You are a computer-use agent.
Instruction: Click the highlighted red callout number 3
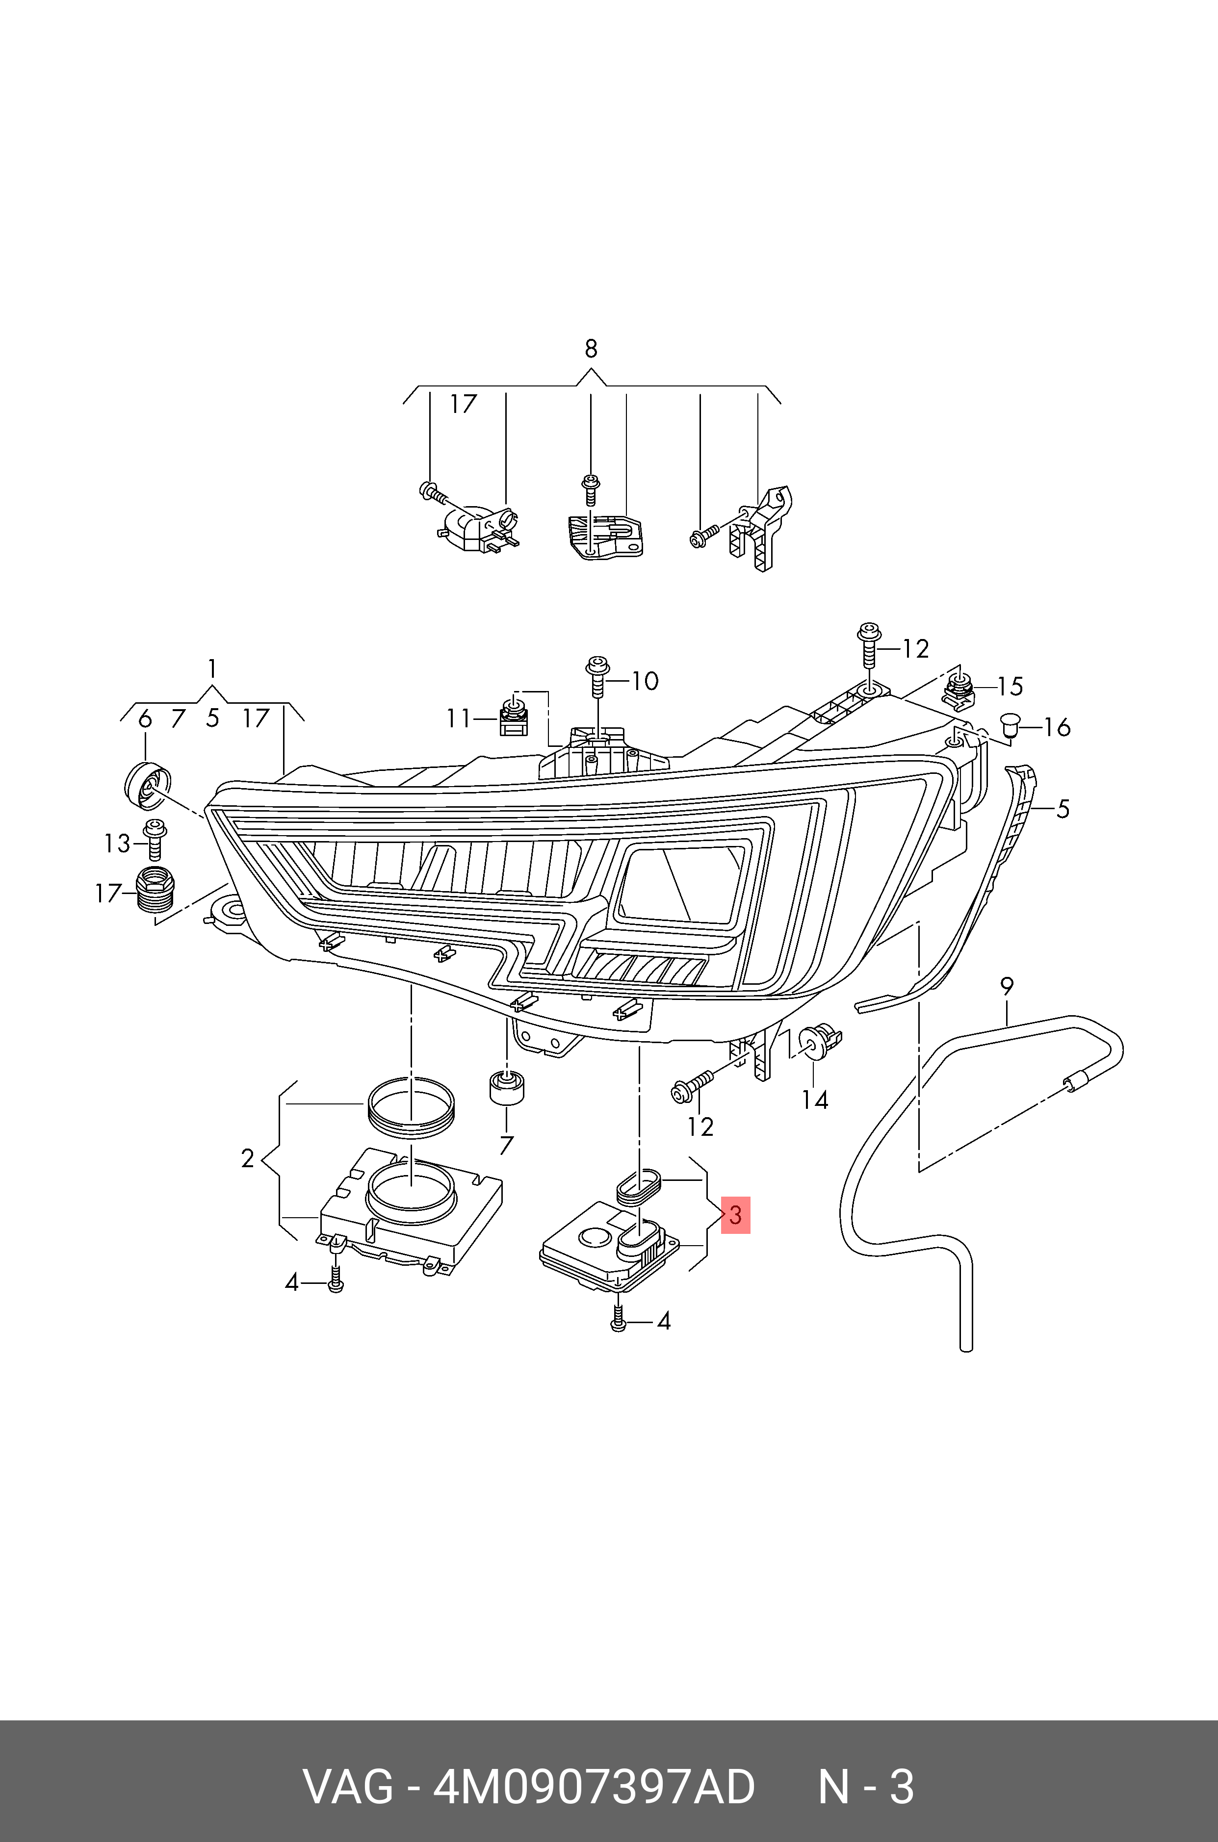pos(735,1215)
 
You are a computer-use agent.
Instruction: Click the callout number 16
pos(1057,728)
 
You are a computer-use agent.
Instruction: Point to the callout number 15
pos(1010,687)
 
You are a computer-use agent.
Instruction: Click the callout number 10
pos(644,681)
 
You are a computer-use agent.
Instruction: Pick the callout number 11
pos(458,718)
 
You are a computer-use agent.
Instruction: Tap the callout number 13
pos(117,844)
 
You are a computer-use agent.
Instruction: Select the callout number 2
pos(247,1159)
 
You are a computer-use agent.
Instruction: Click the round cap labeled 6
pos(147,784)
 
